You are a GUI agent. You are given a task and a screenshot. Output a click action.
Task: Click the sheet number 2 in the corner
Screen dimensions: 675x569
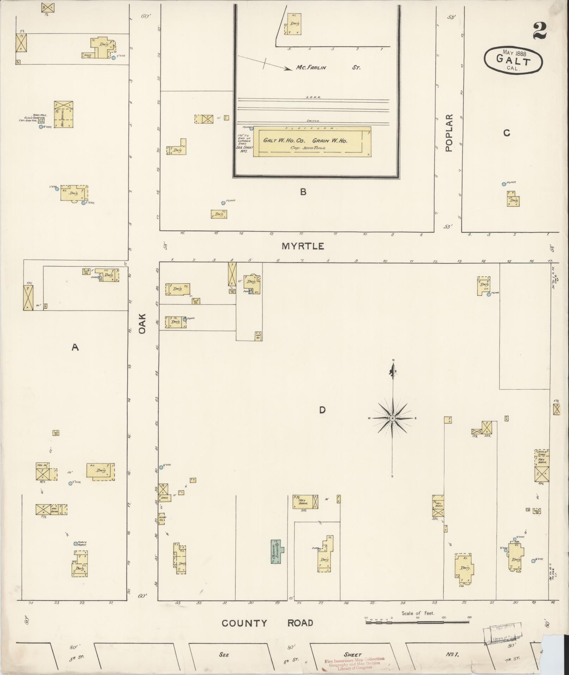coord(540,31)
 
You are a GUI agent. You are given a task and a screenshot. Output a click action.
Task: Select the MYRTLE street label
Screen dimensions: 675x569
coord(303,246)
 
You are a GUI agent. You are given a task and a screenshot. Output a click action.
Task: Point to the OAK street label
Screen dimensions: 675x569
coord(142,325)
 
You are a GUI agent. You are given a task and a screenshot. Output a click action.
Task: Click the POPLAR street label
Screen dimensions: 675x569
coord(449,133)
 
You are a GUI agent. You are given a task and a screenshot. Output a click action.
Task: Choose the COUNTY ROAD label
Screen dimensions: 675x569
coord(267,623)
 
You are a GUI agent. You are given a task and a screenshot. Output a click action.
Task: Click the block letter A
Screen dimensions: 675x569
coord(75,348)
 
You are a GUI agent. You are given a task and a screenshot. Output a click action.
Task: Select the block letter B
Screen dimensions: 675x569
coord(303,192)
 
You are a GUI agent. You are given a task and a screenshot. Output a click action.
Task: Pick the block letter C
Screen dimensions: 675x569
coord(507,133)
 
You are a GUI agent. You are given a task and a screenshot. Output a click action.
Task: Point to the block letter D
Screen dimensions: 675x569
coord(322,410)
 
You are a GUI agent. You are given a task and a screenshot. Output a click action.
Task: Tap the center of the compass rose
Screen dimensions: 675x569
coord(393,418)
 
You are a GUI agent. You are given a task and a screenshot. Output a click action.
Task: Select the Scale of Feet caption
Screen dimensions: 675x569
coord(418,613)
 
